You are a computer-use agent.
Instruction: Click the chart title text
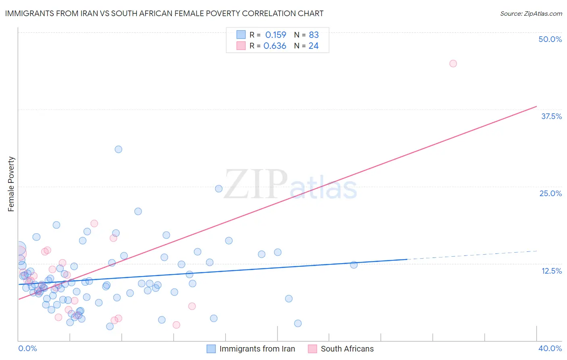pos(164,13)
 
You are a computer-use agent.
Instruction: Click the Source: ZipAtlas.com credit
pos(531,13)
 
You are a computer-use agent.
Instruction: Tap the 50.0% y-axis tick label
pos(550,39)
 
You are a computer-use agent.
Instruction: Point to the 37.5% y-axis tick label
pos(551,116)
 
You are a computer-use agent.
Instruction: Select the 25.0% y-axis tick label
pos(550,193)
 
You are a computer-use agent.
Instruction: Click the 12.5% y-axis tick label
pos(551,271)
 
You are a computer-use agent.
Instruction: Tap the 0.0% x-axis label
pos(27,348)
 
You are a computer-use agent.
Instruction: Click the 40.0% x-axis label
pos(550,348)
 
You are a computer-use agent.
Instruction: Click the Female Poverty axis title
pos(11,184)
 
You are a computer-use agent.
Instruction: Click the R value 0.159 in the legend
pos(275,35)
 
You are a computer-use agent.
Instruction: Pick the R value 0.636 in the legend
pos(275,46)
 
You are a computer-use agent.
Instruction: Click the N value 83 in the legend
pos(314,35)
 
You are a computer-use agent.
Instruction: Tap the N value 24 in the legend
pos(313,46)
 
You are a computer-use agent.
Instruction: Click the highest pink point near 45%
pos(453,63)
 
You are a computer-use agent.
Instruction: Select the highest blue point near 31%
pos(118,149)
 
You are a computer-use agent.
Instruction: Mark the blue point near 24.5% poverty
pos(219,188)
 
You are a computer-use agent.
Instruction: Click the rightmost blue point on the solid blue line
pos(354,265)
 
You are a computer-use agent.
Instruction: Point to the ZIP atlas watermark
pos(290,185)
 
